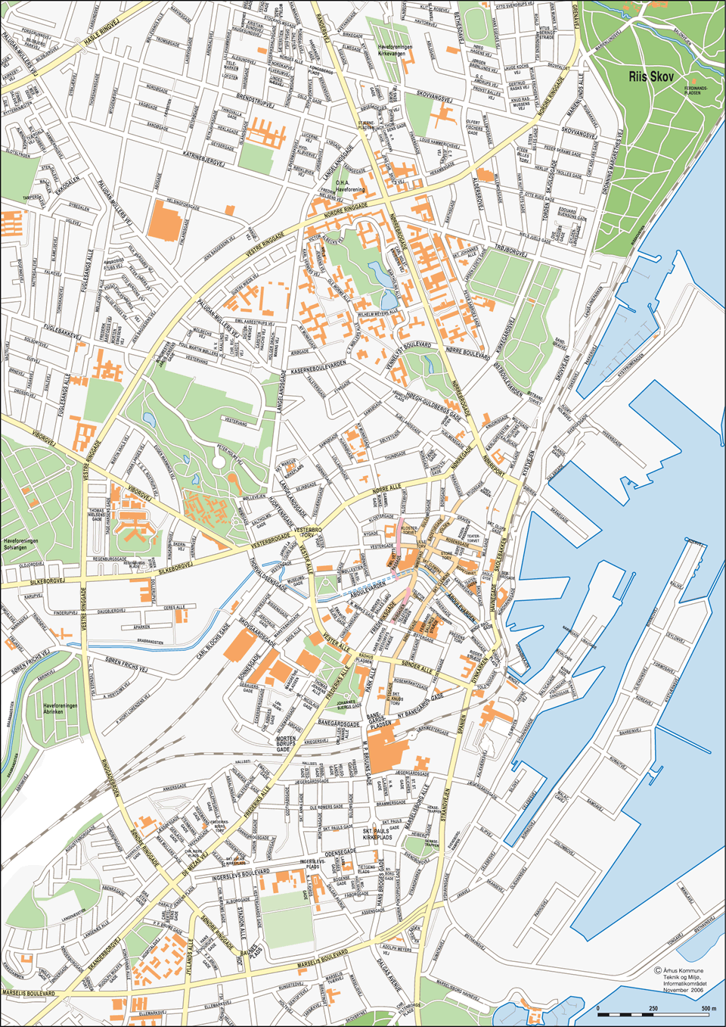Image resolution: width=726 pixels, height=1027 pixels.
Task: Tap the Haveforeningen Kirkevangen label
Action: [395, 50]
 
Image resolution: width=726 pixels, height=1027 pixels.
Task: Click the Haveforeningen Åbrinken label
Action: [60, 709]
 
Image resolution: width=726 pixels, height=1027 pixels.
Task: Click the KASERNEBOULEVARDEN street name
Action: [318, 365]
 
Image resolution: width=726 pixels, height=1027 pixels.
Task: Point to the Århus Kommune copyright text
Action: [681, 971]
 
